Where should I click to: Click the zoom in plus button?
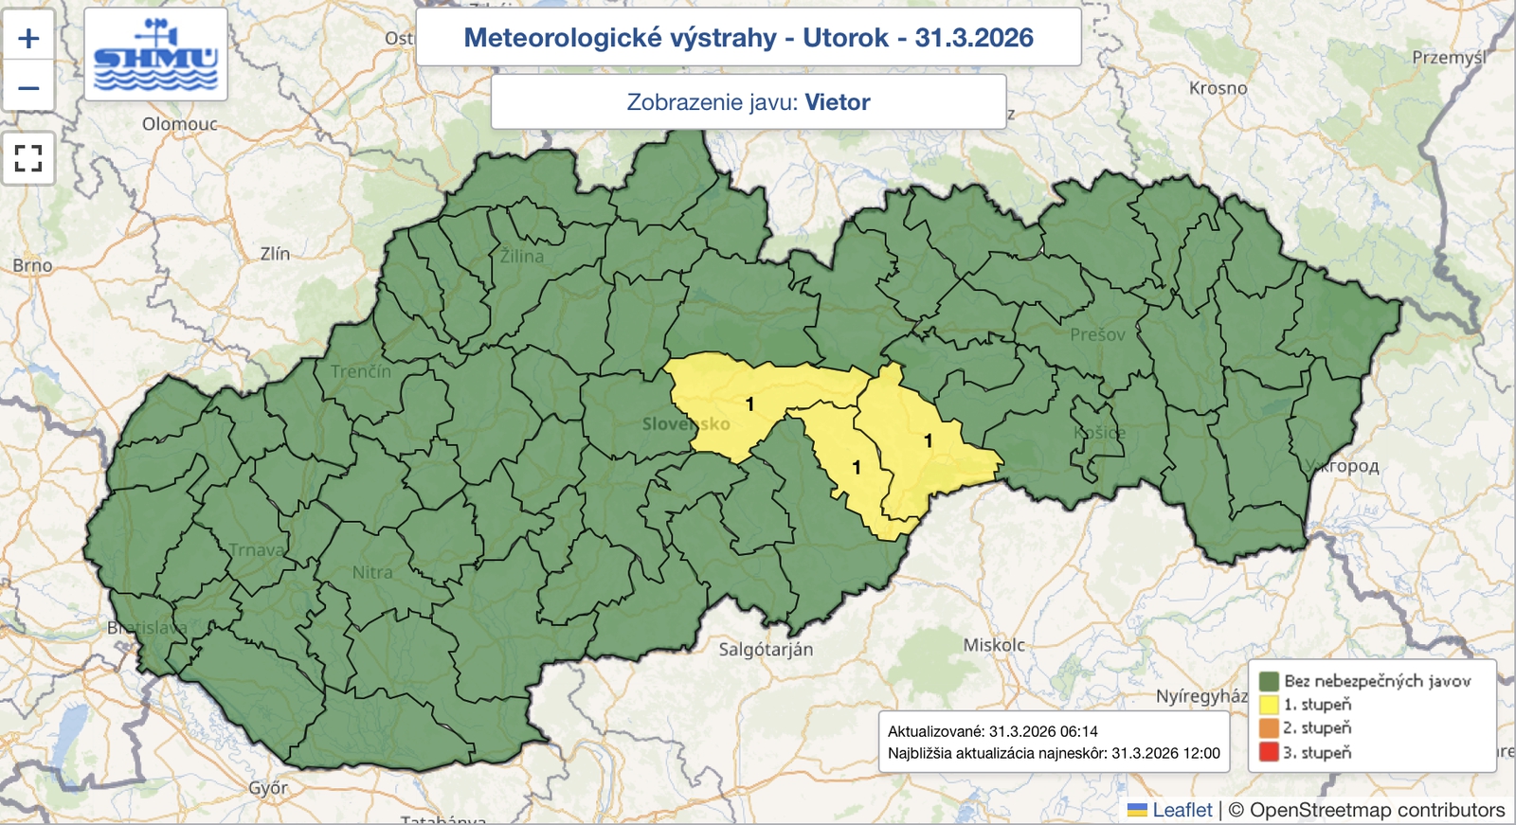coord(28,38)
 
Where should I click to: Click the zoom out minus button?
coord(28,88)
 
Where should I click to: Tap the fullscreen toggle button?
coord(28,158)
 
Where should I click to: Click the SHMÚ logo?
coord(155,54)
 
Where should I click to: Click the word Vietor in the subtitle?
coord(837,102)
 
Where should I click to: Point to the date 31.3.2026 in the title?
coord(973,38)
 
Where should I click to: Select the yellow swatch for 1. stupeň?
coord(1269,705)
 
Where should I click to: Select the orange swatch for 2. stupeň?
coord(1269,728)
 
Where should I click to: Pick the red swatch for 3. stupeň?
coord(1269,753)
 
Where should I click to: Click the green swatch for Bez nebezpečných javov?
coord(1269,681)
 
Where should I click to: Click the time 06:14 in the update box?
coord(1078,731)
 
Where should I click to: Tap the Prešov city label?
coord(1097,334)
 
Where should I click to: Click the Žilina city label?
coord(522,256)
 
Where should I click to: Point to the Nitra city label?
coord(371,572)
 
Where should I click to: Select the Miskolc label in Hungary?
coord(994,645)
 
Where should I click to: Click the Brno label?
coord(32,265)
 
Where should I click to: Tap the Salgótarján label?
coord(766,650)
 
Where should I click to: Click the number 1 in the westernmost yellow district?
coord(749,404)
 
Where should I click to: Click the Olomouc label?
coord(179,124)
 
